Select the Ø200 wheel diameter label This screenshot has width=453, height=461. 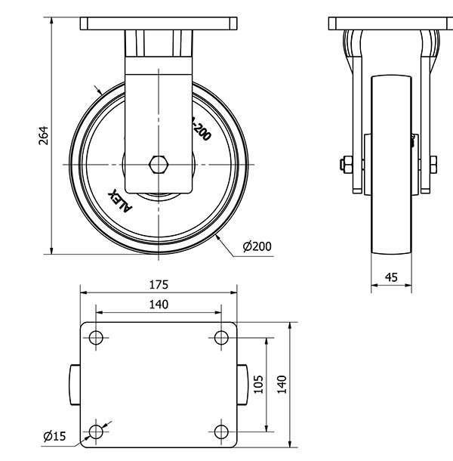pyautogui.click(x=257, y=246)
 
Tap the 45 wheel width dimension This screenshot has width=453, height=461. pyautogui.click(x=391, y=277)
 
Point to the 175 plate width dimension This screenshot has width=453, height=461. pyautogui.click(x=159, y=285)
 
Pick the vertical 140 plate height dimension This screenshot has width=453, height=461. pyautogui.click(x=282, y=385)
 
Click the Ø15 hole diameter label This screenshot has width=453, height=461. pyautogui.click(x=54, y=435)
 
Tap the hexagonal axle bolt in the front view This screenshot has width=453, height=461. pyautogui.click(x=159, y=164)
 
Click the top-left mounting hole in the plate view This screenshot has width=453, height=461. pyautogui.click(x=96, y=337)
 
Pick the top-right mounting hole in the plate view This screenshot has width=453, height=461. pyautogui.click(x=221, y=337)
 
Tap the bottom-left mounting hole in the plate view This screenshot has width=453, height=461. pyautogui.click(x=96, y=432)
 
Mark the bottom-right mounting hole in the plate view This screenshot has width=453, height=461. pyautogui.click(x=221, y=432)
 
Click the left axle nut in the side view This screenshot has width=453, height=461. pyautogui.click(x=346, y=164)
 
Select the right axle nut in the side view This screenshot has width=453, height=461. pyautogui.click(x=434, y=164)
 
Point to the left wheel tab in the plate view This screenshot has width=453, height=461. pyautogui.click(x=75, y=385)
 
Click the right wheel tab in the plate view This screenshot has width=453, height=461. pyautogui.click(x=243, y=385)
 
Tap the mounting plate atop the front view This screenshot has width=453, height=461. pyautogui.click(x=159, y=24)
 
